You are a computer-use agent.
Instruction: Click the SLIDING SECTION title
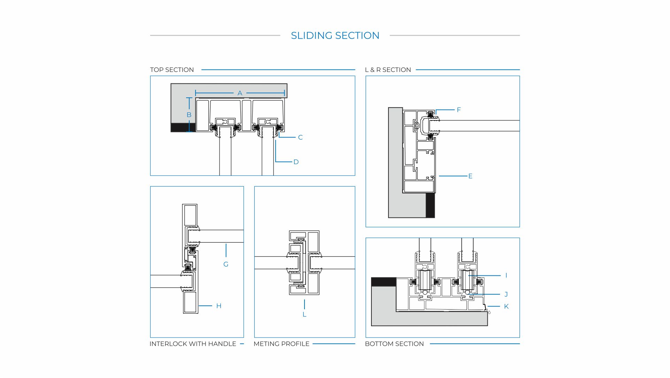coord(335,36)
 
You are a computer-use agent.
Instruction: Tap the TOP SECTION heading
coord(172,70)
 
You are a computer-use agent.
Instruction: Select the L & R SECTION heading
coord(388,70)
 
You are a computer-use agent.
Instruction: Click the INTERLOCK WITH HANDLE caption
coord(193,344)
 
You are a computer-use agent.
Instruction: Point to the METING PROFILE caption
coord(281,344)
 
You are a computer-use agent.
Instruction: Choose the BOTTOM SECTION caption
coord(394,344)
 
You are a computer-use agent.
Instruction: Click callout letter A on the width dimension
coord(240,93)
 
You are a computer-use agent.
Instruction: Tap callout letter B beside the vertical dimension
coord(189,115)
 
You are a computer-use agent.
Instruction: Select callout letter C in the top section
coord(300,138)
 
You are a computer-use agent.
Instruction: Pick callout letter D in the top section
coord(296,162)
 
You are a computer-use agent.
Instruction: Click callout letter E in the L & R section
coord(470,176)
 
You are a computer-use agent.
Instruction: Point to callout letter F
coord(459,110)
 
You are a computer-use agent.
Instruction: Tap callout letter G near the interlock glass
coord(226,265)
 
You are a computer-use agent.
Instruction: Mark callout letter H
coord(218,306)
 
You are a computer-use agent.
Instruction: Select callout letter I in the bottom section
coord(506,275)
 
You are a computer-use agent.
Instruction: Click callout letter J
coord(506,295)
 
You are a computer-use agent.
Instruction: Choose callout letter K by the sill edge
coord(506,306)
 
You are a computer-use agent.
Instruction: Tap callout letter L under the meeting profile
coord(304,314)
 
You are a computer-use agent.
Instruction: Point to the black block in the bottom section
coord(384,282)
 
